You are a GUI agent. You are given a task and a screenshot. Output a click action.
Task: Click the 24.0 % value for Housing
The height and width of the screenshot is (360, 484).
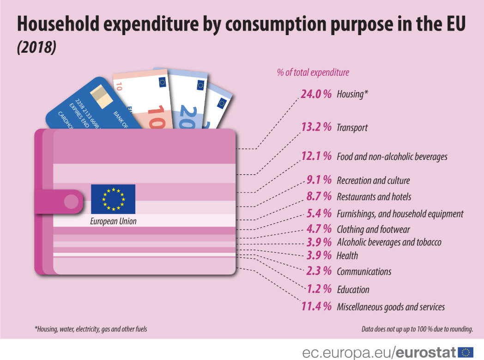point(316,94)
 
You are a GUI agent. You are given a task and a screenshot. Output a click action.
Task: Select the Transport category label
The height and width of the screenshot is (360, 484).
point(352,128)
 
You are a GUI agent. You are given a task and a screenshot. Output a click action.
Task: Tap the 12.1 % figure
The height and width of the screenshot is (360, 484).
point(316,156)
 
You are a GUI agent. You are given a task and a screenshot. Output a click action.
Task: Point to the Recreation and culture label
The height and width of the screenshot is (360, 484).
point(373,180)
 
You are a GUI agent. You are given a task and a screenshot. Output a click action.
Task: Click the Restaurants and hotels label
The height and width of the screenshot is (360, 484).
point(374,197)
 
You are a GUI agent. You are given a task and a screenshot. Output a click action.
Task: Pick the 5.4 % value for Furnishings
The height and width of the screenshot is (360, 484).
point(319,214)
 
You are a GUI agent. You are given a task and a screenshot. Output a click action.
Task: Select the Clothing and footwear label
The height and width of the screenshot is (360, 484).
point(373,229)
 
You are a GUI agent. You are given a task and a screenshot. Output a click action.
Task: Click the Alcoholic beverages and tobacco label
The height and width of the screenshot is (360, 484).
point(389,242)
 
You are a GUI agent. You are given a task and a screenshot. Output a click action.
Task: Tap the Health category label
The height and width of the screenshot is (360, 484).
point(347,256)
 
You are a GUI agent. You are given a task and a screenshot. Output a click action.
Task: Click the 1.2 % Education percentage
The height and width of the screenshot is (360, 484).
point(319,289)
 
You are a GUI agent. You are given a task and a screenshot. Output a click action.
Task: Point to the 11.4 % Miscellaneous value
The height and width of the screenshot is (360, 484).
point(316,306)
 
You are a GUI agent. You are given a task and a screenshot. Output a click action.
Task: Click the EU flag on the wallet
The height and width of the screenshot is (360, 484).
point(113,199)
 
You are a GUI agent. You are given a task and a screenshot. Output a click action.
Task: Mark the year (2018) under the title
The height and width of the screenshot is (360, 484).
point(36,48)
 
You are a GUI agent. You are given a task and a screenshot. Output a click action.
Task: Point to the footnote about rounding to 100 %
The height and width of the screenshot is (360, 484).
point(417,329)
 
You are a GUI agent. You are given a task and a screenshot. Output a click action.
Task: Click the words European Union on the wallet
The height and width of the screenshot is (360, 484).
point(113,221)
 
